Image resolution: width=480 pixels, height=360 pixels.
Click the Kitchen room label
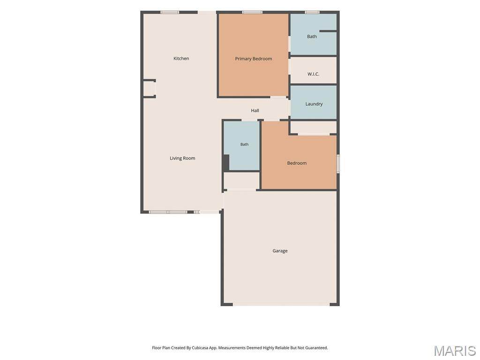181,59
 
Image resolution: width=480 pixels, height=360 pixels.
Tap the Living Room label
182,158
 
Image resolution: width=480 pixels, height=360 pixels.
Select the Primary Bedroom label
254,59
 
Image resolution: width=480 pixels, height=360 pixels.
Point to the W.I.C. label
314,74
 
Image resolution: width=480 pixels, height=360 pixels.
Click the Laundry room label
314,104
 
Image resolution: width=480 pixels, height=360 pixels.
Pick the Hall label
255,111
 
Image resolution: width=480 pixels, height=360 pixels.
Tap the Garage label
280,251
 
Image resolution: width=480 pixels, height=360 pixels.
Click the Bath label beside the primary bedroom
312,37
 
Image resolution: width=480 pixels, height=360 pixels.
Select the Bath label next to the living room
244,144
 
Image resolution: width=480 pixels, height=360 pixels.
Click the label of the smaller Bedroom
297,163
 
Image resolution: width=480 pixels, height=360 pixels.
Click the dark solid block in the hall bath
226,163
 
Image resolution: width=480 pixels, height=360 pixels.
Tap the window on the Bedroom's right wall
338,164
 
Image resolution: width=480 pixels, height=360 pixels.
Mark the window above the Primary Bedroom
252,12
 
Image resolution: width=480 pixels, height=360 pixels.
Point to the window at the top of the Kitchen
170,12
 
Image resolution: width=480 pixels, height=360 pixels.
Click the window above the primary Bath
312,12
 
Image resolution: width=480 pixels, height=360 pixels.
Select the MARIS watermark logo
455,351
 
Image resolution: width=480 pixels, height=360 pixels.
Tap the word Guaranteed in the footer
315,348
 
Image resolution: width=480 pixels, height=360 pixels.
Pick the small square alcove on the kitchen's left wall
150,89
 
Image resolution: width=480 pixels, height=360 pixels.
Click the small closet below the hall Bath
241,180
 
